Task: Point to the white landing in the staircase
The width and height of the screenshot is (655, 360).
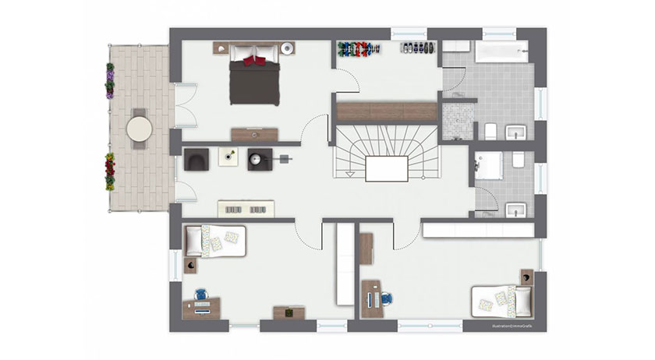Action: pyautogui.click(x=387, y=168)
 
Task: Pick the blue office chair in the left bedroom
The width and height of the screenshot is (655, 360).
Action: pyautogui.click(x=201, y=295)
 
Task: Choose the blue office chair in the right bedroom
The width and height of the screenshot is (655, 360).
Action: pyautogui.click(x=388, y=296)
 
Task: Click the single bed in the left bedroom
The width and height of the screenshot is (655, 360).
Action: pyautogui.click(x=214, y=240)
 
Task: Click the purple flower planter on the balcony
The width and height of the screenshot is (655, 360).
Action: pyautogui.click(x=111, y=79)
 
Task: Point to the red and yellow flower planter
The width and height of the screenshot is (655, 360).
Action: pyautogui.click(x=110, y=172)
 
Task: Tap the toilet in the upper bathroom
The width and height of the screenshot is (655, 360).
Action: pyautogui.click(x=491, y=130)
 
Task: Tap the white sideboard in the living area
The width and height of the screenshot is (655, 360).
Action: pyautogui.click(x=246, y=209)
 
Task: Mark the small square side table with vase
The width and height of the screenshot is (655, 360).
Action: pyautogui.click(x=228, y=157)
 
